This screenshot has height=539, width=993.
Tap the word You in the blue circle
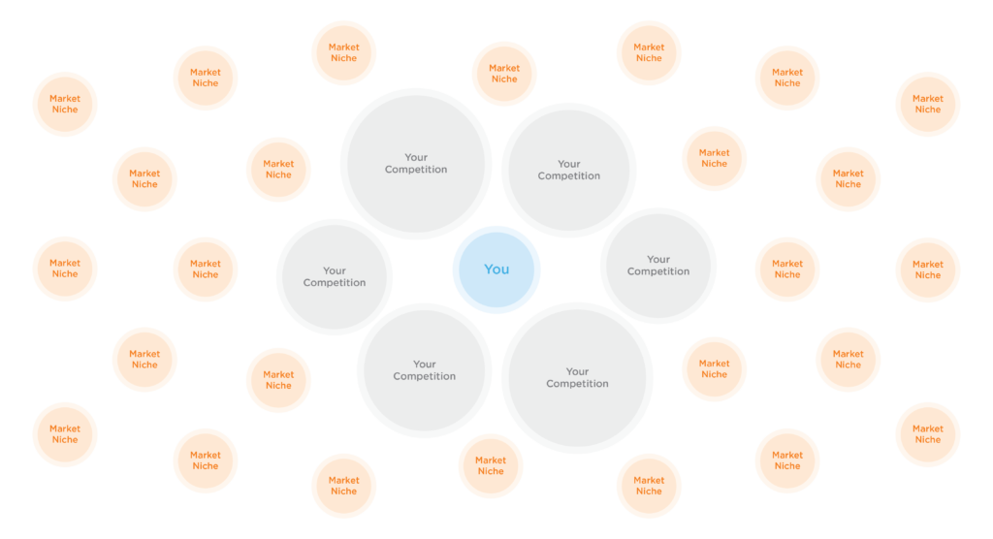coord(496,269)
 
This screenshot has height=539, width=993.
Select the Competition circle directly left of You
coord(335,277)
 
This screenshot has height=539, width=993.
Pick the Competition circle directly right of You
coord(658,266)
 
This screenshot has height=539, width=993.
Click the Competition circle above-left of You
coord(415,164)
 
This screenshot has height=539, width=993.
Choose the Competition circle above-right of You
coord(569,171)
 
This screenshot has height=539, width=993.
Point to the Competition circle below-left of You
coord(424,370)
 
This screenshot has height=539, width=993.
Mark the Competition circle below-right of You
coord(577,378)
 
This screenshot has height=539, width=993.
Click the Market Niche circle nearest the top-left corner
coord(65,104)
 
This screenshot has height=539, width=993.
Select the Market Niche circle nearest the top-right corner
coord(927,104)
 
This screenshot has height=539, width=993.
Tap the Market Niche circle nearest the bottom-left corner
coord(65,434)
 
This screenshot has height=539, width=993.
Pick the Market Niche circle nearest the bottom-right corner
coord(927,434)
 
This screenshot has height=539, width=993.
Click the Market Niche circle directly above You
coord(504,74)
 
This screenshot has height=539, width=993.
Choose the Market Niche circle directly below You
coord(491,466)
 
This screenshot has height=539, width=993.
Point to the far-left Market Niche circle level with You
coord(65,269)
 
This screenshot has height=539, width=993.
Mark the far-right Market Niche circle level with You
coord(927,269)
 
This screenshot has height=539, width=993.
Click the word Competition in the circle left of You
coord(335,283)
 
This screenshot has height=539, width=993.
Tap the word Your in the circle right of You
coord(658,259)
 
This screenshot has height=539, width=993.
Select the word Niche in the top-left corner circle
coord(65,110)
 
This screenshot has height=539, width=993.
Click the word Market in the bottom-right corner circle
coord(927,428)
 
